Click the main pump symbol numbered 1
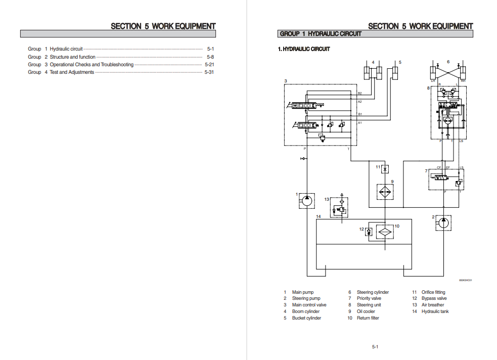[306, 200]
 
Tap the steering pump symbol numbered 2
[443, 223]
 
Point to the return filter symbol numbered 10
[385, 232]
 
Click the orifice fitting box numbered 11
[385, 169]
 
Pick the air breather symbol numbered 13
[342, 208]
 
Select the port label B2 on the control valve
[359, 93]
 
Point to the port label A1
[359, 123]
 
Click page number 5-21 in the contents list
[209, 65]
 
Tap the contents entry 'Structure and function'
[72, 57]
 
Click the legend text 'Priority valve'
[369, 299]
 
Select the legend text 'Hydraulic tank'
[435, 311]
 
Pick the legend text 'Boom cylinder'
[306, 311]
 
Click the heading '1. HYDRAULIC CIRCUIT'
[304, 49]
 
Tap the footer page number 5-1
[375, 346]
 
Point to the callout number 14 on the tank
[318, 216]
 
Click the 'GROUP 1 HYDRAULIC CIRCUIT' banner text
[321, 34]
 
